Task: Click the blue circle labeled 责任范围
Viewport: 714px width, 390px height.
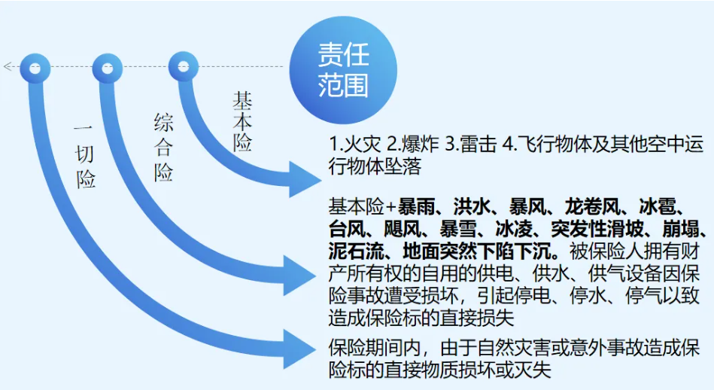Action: tap(343, 70)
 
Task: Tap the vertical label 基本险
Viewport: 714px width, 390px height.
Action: tap(242, 122)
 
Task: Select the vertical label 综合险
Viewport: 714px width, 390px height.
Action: tap(163, 148)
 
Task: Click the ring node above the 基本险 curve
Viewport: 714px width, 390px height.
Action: tap(184, 67)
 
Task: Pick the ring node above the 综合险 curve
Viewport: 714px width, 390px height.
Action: tap(108, 69)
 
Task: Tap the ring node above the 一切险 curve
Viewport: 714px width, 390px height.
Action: tap(35, 69)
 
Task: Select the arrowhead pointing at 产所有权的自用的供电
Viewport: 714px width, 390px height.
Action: tap(299, 276)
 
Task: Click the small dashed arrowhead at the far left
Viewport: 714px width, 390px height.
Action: tap(7, 66)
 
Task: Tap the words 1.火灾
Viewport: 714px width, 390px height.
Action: tap(354, 145)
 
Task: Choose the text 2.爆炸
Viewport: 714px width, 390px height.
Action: tap(412, 145)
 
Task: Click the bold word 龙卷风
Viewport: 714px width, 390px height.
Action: tap(592, 207)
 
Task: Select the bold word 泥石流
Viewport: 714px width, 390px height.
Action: tap(357, 251)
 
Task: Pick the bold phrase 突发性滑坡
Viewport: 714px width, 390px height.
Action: tap(597, 229)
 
